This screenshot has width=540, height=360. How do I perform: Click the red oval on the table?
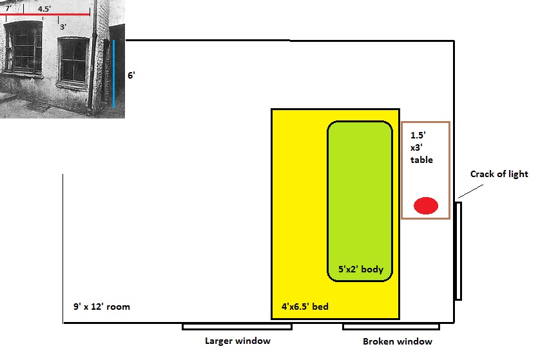click(425, 205)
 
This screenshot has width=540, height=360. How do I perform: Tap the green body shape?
click(360, 193)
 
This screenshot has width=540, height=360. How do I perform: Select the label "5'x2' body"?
click(361, 269)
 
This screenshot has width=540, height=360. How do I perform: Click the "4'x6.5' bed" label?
click(305, 307)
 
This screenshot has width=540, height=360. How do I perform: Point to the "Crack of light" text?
click(499, 174)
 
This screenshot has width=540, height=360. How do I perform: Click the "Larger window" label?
click(237, 341)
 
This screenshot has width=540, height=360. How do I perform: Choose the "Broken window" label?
click(397, 341)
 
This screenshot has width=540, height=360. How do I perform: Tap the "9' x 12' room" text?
click(101, 307)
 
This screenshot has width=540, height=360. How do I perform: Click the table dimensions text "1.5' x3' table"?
click(421, 147)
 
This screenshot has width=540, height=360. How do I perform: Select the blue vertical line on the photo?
click(113, 73)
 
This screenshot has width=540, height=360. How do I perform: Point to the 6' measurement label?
click(131, 75)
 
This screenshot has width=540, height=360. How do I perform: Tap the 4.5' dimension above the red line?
click(44, 9)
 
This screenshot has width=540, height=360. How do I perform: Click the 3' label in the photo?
click(63, 27)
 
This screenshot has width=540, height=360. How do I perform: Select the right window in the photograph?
click(72, 62)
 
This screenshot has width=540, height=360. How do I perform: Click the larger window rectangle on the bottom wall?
click(237, 327)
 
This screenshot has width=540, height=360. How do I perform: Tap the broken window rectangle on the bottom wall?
click(391, 327)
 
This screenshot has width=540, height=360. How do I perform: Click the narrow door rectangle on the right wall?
click(458, 251)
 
